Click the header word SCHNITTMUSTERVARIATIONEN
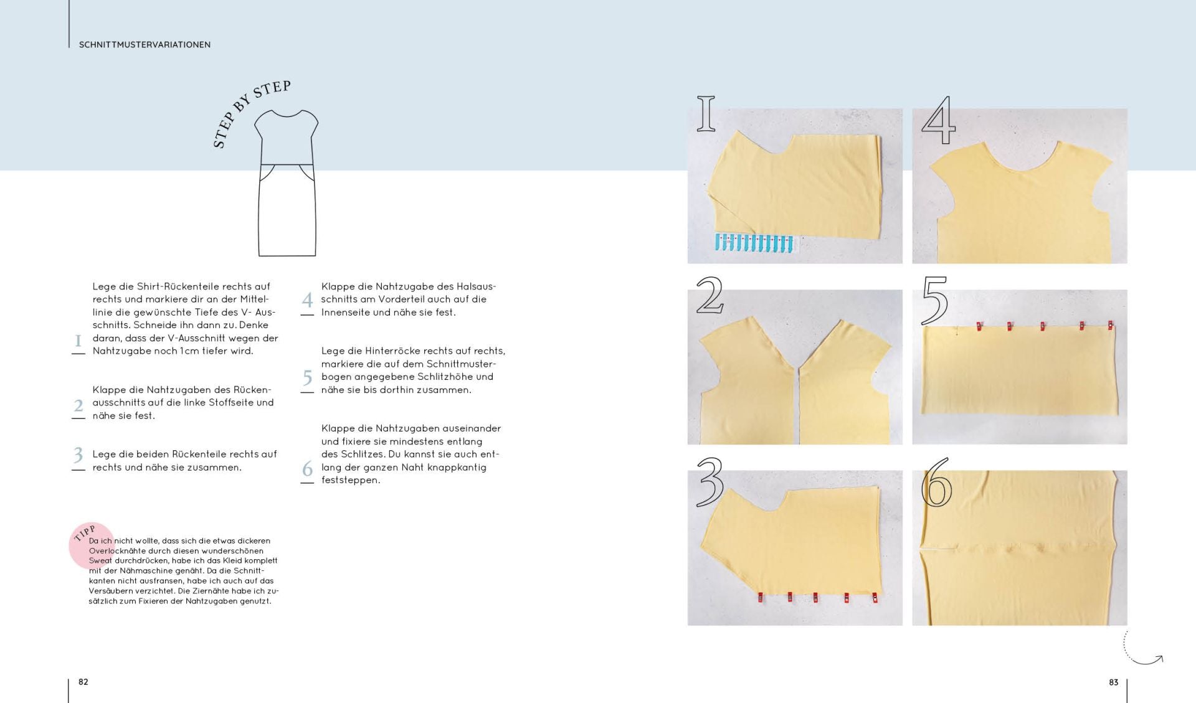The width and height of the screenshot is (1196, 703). pyautogui.click(x=145, y=45)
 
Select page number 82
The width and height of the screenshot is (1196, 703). pyautogui.click(x=83, y=682)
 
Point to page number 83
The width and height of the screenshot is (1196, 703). pyautogui.click(x=1114, y=682)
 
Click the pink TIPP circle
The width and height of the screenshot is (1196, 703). pyautogui.click(x=92, y=545)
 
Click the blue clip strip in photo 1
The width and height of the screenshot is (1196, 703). pyautogui.click(x=754, y=243)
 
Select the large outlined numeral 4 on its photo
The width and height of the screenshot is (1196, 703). pyautogui.click(x=938, y=120)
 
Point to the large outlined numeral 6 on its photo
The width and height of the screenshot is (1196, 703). pyautogui.click(x=936, y=483)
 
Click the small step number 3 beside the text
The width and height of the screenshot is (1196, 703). pyautogui.click(x=78, y=455)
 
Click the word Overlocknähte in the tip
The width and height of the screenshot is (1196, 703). pyautogui.click(x=117, y=550)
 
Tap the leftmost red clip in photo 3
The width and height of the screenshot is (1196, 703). pyautogui.click(x=760, y=597)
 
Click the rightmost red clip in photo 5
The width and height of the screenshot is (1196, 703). pyautogui.click(x=1110, y=325)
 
